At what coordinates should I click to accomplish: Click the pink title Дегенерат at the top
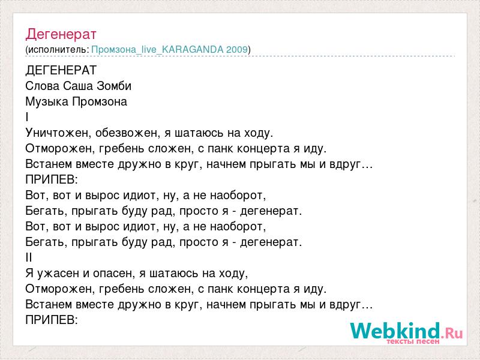tap(61, 34)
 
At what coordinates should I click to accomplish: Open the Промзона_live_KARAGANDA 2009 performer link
tap(169, 50)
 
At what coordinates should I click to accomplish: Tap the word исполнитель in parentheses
tap(58, 50)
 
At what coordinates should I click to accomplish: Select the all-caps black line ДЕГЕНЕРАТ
tap(61, 70)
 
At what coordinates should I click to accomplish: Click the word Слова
tap(43, 86)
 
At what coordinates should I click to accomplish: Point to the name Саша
tap(78, 86)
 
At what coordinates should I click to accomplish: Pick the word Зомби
tap(114, 86)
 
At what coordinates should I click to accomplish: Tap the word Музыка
tap(47, 101)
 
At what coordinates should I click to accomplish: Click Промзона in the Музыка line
tap(100, 101)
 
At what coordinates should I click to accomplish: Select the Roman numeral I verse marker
tap(27, 117)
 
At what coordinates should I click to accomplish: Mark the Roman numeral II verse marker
tap(29, 258)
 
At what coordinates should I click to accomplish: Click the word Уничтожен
tap(58, 133)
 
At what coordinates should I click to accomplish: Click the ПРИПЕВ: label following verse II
tap(52, 320)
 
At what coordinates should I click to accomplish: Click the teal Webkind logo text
tap(395, 331)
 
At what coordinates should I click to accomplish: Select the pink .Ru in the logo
tap(452, 333)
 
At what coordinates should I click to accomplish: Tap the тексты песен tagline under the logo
tap(413, 341)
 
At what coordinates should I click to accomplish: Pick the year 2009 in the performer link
tap(236, 50)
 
